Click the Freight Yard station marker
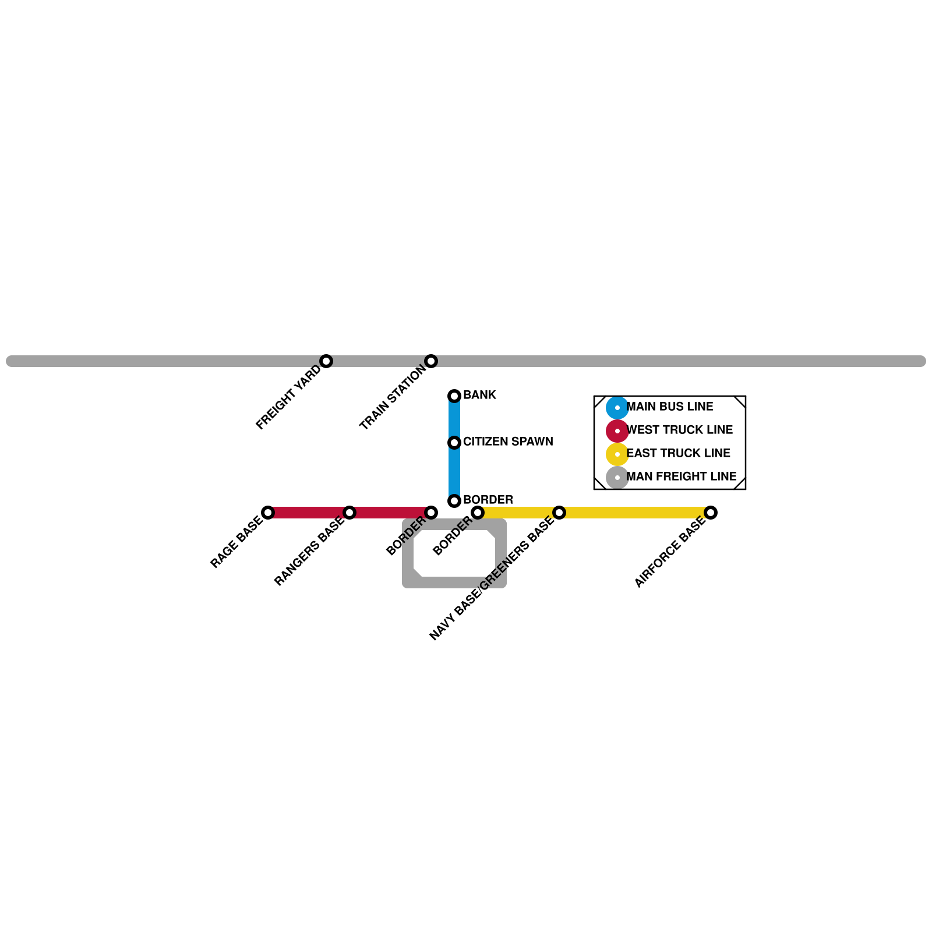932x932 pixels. click(326, 361)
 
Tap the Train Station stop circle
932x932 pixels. click(431, 361)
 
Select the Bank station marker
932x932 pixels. click(454, 396)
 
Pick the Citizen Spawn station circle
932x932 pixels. click(454, 443)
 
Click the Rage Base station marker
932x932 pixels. click(268, 513)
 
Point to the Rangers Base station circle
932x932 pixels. click(349, 513)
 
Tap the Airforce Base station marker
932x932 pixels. click(711, 513)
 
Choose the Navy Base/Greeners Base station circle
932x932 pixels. click(559, 513)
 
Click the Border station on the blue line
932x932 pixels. click(454, 501)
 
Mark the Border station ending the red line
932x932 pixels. click(431, 513)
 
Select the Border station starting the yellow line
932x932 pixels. click(478, 513)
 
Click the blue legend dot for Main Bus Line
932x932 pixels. click(617, 408)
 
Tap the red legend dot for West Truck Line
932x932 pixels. click(617, 431)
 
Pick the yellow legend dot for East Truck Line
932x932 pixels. click(617, 454)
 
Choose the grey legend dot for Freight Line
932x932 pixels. click(617, 478)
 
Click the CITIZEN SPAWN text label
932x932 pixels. click(508, 442)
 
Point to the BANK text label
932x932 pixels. click(479, 395)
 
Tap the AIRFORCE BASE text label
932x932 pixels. click(670, 552)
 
